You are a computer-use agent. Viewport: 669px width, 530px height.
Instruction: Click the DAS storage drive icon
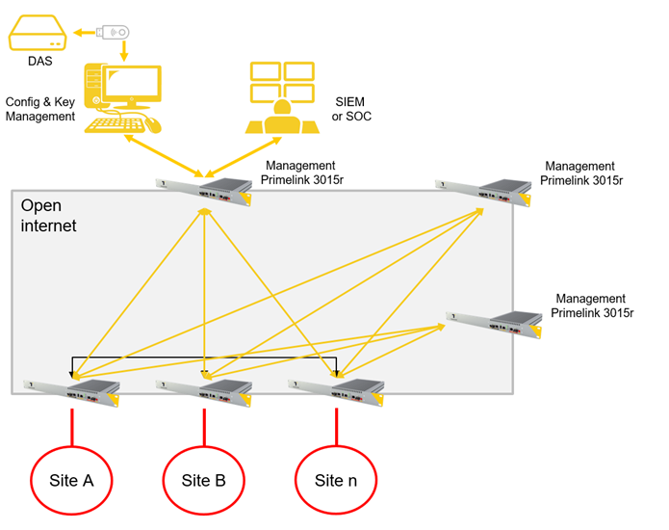(38, 38)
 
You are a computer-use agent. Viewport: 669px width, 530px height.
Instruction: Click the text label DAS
(40, 63)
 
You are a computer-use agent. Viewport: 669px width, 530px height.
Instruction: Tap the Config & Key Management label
(39, 109)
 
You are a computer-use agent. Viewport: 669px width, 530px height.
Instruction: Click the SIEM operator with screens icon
(280, 97)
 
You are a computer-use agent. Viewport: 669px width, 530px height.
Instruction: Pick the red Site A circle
(72, 479)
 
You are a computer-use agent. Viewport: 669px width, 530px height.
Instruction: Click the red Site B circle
(204, 479)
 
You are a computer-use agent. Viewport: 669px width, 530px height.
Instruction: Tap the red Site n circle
(336, 479)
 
